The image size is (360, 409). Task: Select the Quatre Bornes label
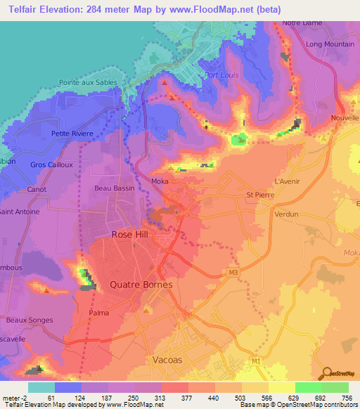click(x=141, y=285)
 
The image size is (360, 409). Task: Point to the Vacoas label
click(x=167, y=359)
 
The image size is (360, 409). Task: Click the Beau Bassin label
click(x=114, y=188)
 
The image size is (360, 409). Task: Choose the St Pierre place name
click(x=258, y=195)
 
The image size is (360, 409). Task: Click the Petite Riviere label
click(x=72, y=133)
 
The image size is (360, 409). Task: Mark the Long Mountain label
click(x=330, y=44)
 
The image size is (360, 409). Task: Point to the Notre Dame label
click(x=302, y=23)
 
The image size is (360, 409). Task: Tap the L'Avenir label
click(x=288, y=181)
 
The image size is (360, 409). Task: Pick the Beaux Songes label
click(x=30, y=320)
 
